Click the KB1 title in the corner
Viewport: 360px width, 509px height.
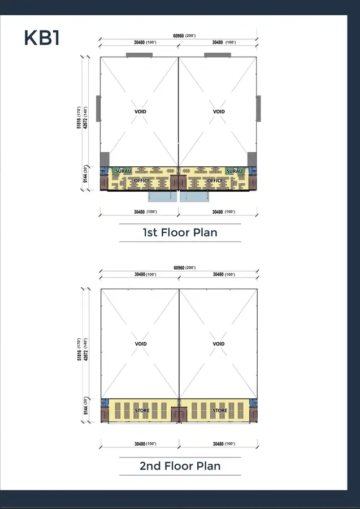[x=42, y=38]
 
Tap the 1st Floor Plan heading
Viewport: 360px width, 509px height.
[x=180, y=232]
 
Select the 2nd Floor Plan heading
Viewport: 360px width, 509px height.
[x=180, y=466]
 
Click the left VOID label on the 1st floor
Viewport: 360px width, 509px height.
[x=140, y=111]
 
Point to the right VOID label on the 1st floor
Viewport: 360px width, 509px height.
[x=219, y=111]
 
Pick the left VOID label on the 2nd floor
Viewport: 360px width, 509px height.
[x=141, y=344]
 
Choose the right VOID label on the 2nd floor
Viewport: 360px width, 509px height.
[x=219, y=344]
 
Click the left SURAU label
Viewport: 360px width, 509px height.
[x=123, y=171]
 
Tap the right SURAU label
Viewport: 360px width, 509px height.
[x=235, y=171]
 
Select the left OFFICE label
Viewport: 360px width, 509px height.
[x=142, y=180]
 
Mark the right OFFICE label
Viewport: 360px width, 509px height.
[x=215, y=180]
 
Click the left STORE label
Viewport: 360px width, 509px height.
[x=142, y=411]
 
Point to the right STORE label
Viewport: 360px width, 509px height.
[x=220, y=411]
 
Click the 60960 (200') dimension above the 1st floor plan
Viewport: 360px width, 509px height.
[x=184, y=36]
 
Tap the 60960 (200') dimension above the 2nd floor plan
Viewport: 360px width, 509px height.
[x=185, y=268]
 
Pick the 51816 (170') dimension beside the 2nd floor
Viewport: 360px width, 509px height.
[x=79, y=350]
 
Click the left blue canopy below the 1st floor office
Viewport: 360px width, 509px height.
[x=163, y=196]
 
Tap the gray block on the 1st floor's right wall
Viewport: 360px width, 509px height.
[x=258, y=109]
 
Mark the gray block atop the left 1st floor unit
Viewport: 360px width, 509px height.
[x=139, y=55]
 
